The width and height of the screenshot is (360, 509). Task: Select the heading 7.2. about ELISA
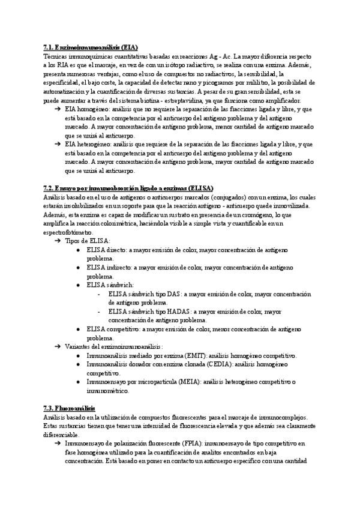pos(129,188)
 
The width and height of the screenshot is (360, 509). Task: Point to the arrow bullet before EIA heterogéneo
pos(56,145)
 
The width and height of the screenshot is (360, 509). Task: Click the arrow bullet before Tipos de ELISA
pos(56,240)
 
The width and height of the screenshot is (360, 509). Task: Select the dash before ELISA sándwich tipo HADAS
pos(98,312)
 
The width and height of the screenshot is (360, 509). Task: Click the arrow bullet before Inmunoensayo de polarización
pos(56,444)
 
